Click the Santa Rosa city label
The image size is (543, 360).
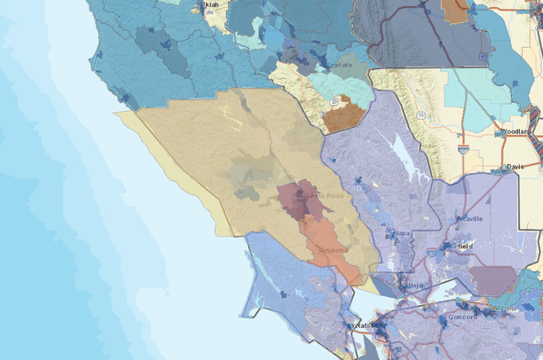click(313, 194)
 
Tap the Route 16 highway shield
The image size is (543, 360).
click(420, 114)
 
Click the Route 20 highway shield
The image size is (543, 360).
click(333, 101)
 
